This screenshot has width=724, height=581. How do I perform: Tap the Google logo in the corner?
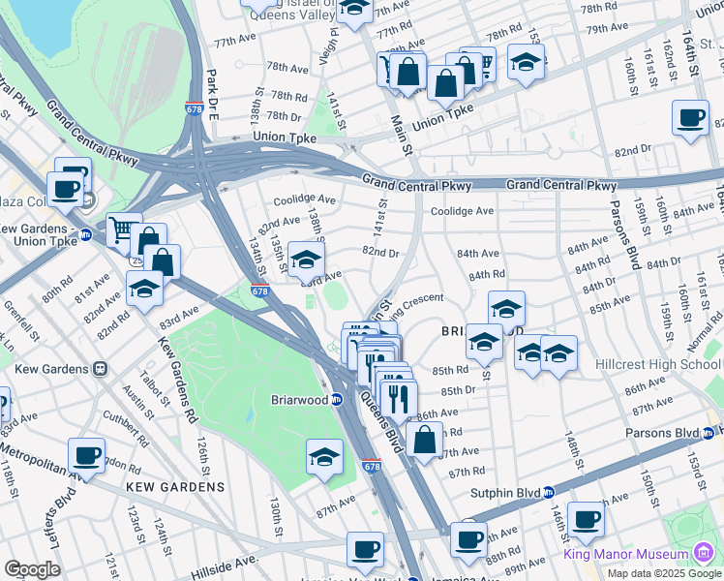pos(32,569)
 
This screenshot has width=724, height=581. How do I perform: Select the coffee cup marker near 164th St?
pos(689,118)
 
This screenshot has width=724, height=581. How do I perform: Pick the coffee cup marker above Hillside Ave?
pos(365,549)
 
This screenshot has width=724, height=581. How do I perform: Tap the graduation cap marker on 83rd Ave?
pos(306,260)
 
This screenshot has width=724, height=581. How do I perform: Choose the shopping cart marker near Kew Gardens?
pos(122,229)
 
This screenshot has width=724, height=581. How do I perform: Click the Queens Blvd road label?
pos(380,424)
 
